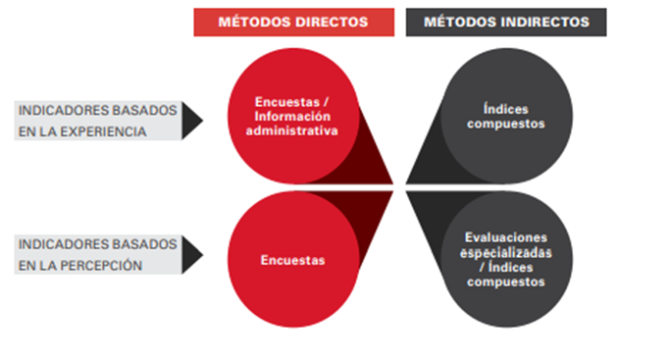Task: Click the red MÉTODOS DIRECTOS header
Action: (292, 22)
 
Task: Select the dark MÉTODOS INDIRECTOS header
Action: (506, 22)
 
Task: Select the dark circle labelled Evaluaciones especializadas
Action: (505, 260)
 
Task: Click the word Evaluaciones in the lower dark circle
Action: (505, 238)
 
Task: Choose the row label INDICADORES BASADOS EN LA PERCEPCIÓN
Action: (98, 254)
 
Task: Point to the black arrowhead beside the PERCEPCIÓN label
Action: (193, 254)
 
